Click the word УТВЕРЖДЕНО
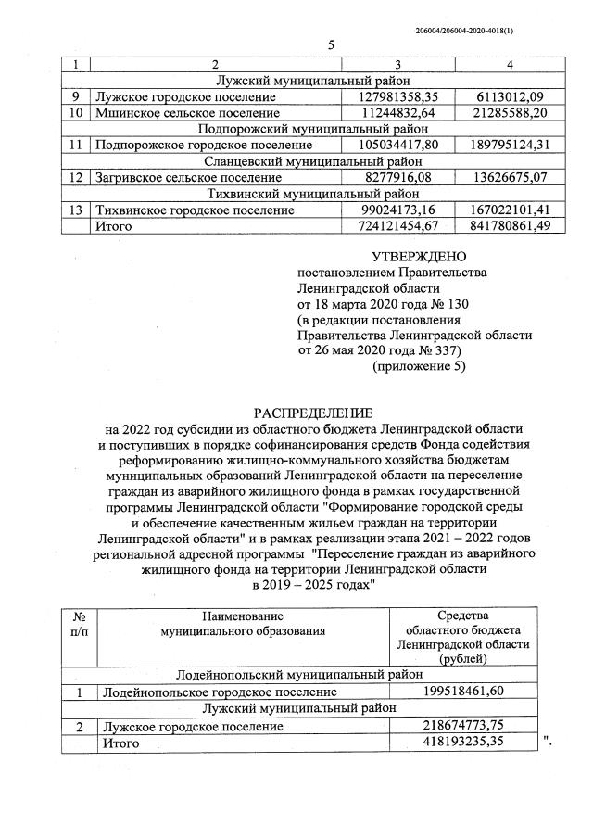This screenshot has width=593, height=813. pyautogui.click(x=419, y=256)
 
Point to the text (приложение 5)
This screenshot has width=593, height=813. pyautogui.click(x=419, y=367)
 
